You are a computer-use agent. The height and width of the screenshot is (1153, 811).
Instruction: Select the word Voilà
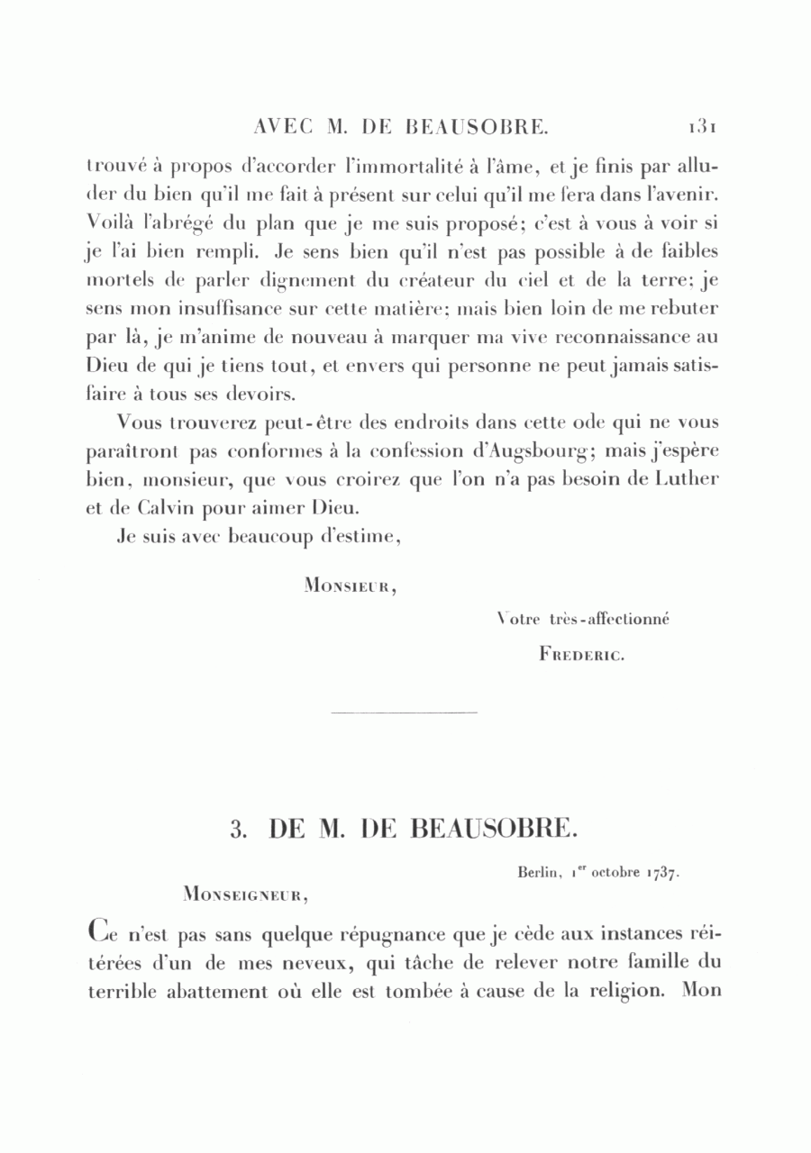click(x=109, y=222)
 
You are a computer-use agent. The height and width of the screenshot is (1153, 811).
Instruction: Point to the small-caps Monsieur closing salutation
click(x=351, y=586)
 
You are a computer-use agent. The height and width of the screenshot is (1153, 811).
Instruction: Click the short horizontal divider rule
click(x=404, y=714)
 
